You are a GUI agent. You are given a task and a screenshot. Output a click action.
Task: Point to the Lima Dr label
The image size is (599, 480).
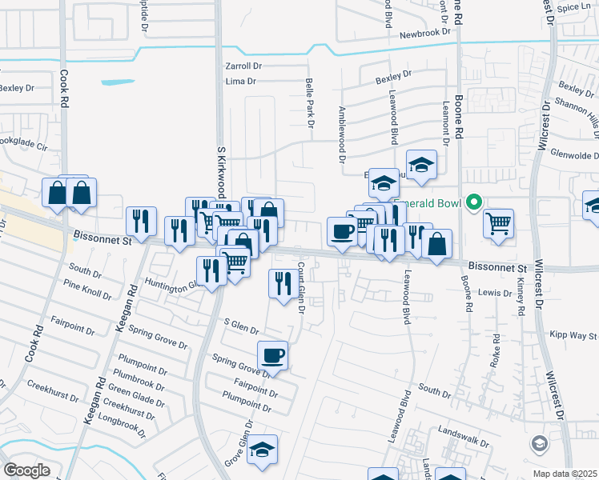pos(240,82)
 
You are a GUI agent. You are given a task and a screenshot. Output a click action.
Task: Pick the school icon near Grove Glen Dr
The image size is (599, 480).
pos(262,451)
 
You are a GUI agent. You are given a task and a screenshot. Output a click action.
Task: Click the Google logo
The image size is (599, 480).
pos(26,470)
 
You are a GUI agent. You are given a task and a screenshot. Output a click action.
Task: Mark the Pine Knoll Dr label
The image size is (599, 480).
pos(89,290)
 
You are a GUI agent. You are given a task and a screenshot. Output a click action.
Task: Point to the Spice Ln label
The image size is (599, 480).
pos(575,7)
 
